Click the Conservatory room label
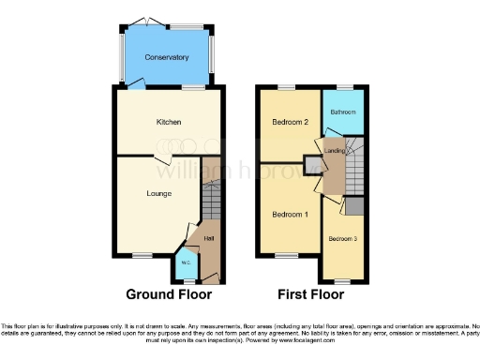(x=167, y=57)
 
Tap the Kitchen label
(x=168, y=123)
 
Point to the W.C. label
(x=186, y=262)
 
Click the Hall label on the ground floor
(x=209, y=238)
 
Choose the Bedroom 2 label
(x=291, y=123)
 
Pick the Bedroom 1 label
(x=291, y=215)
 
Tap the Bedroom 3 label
(x=341, y=239)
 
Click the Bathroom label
(x=342, y=112)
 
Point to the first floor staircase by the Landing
(x=355, y=169)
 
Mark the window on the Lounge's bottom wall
(x=142, y=255)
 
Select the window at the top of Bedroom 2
(x=285, y=87)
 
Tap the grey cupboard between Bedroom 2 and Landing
(x=311, y=168)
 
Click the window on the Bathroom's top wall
(x=344, y=87)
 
